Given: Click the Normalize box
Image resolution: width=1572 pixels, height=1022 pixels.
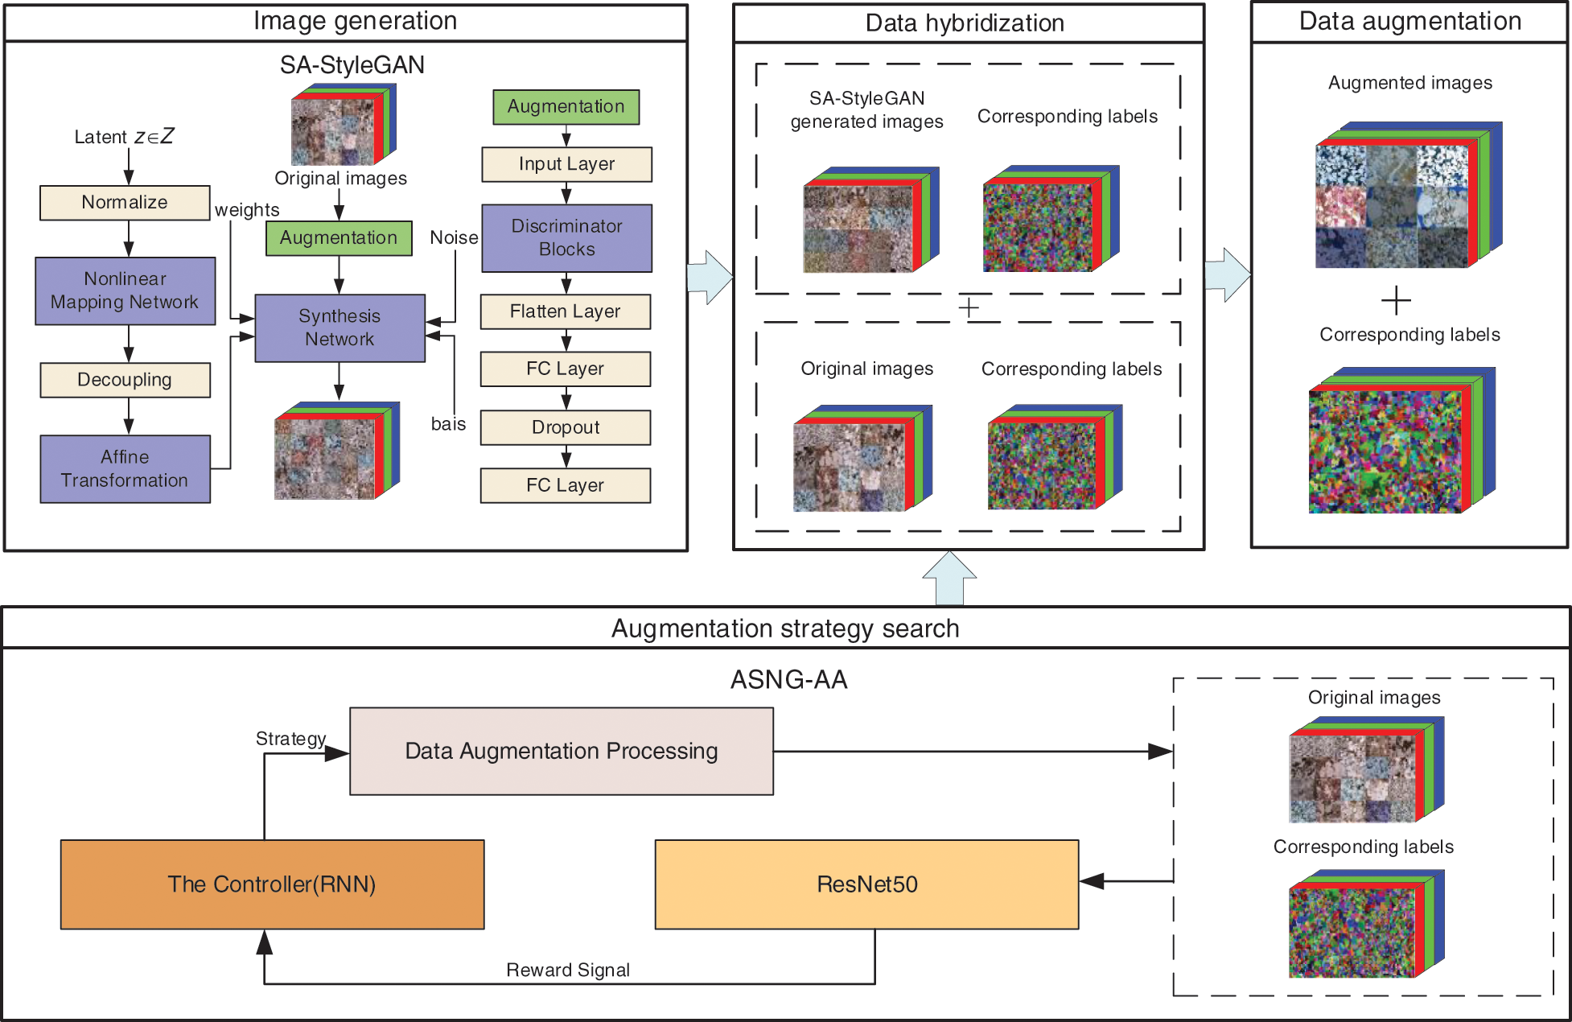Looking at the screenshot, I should pyautogui.click(x=125, y=202).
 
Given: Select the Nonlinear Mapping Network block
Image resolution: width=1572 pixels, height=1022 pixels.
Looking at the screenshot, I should pyautogui.click(x=125, y=291).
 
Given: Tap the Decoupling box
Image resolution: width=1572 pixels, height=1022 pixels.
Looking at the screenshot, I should pyautogui.click(x=125, y=380).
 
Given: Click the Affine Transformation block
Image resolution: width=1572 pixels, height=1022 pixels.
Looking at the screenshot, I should pyautogui.click(x=125, y=468).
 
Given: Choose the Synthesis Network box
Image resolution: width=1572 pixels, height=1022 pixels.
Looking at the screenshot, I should pyautogui.click(x=340, y=328).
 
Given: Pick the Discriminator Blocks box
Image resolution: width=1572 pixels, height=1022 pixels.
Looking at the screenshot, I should pyautogui.click(x=566, y=237).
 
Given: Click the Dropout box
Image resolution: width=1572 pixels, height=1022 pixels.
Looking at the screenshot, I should pyautogui.click(x=565, y=427).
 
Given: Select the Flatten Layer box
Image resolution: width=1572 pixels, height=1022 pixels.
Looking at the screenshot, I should pyautogui.click(x=565, y=311).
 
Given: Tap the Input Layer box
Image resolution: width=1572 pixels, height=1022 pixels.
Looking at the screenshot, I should pyautogui.click(x=566, y=164).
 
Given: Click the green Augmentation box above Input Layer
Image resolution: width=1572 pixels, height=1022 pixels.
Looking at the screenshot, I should pyautogui.click(x=566, y=106).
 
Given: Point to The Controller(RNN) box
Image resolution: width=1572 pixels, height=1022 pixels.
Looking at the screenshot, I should pyautogui.click(x=272, y=884).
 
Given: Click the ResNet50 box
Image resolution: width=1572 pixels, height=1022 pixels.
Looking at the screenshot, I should pyautogui.click(x=866, y=884).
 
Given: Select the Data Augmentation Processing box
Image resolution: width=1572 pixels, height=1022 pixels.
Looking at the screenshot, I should pyautogui.click(x=561, y=751).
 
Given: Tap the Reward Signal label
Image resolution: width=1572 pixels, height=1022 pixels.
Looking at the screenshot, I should pyautogui.click(x=567, y=970).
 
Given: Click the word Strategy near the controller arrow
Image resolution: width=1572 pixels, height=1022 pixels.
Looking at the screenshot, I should pyautogui.click(x=290, y=739).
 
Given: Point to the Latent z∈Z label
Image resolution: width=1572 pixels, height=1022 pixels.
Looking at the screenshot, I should pyautogui.click(x=124, y=137).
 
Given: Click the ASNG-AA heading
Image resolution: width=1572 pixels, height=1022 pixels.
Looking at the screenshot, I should pyautogui.click(x=788, y=680).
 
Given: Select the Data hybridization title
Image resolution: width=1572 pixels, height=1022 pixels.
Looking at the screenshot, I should pyautogui.click(x=965, y=23).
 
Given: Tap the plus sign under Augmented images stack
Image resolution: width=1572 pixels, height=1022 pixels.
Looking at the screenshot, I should pyautogui.click(x=1396, y=300).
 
